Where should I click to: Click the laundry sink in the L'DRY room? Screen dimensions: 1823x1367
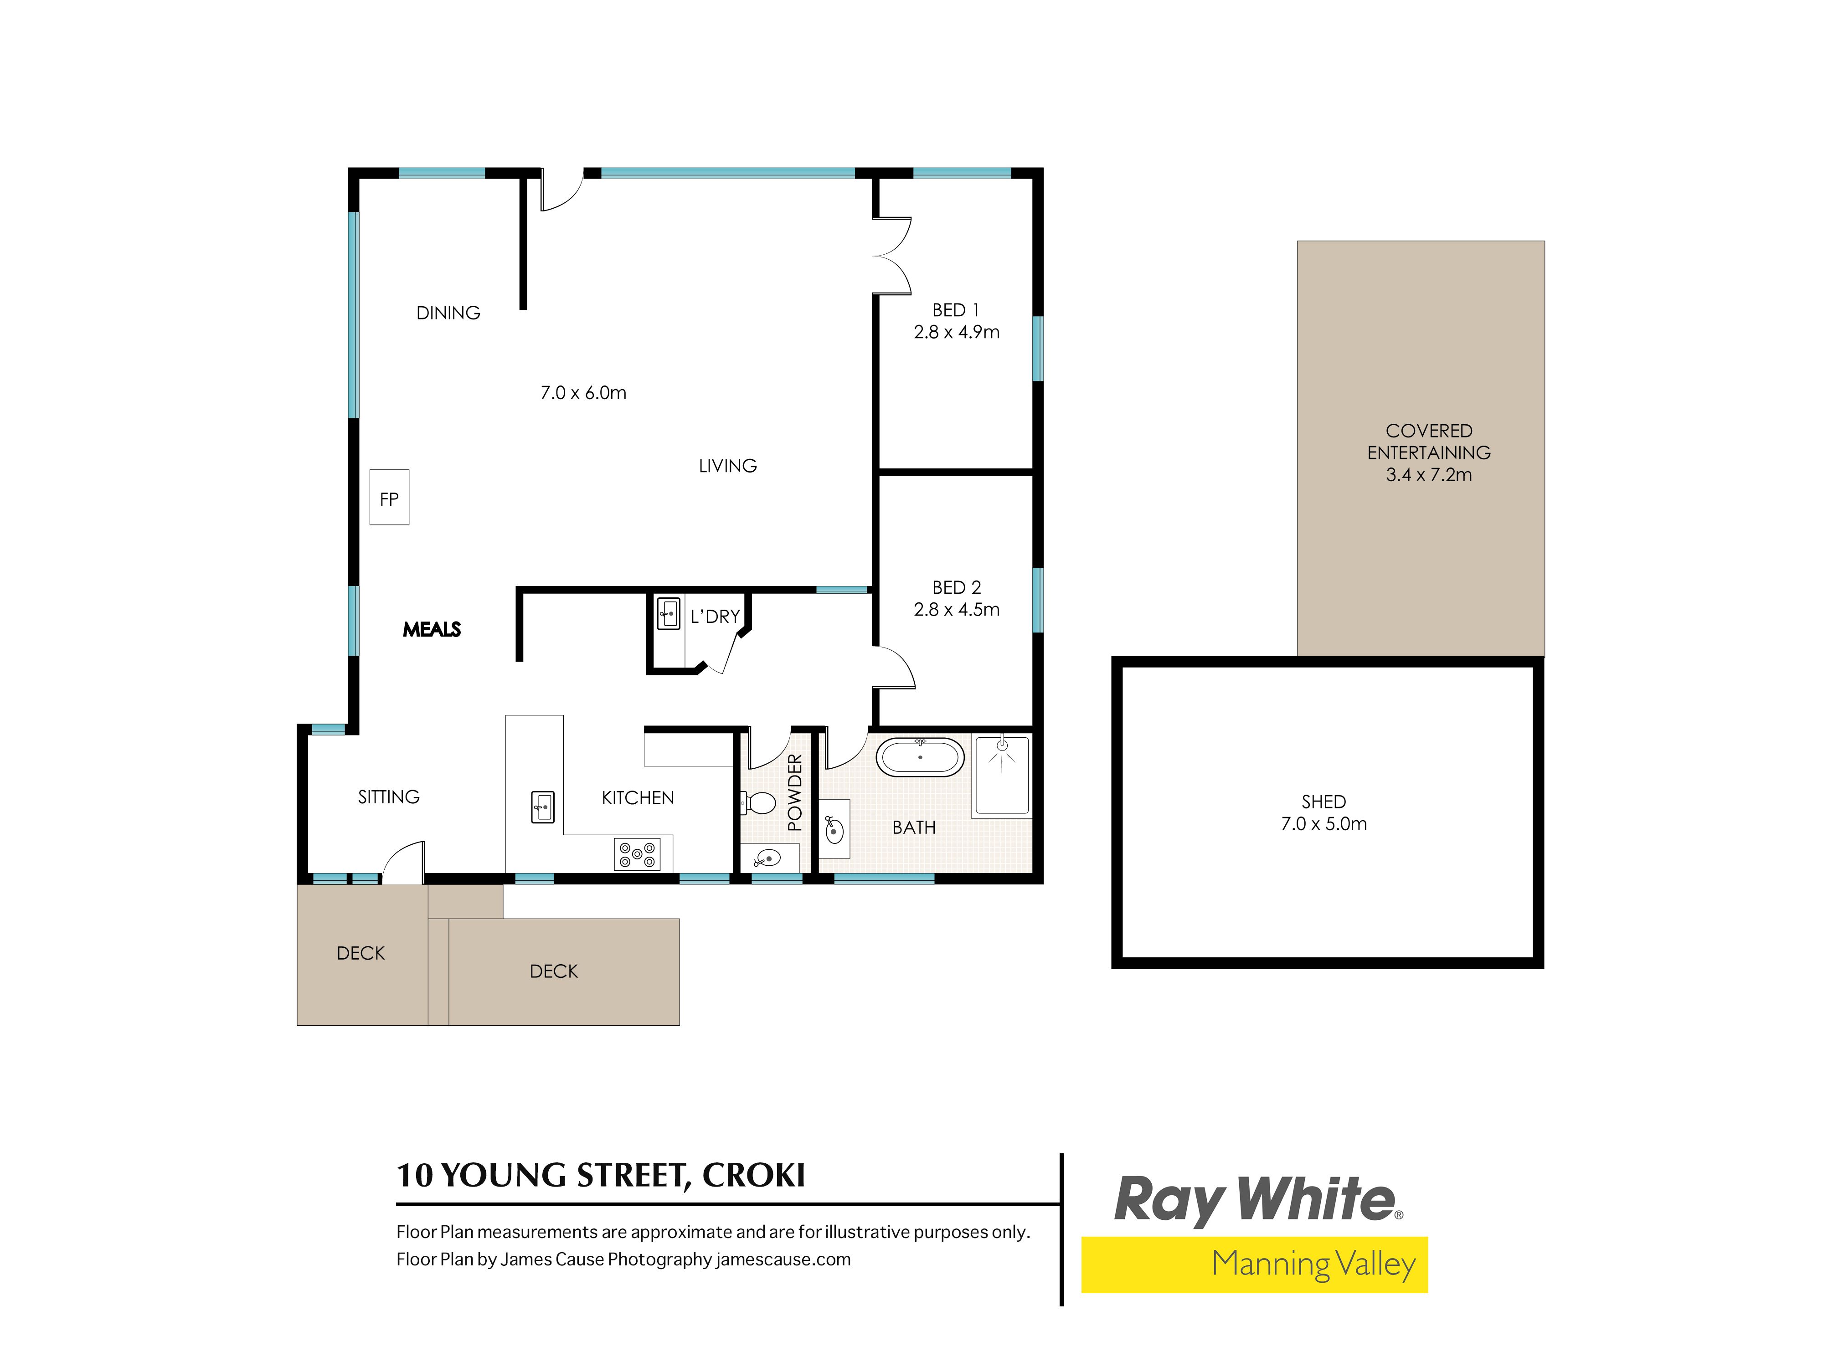(x=669, y=614)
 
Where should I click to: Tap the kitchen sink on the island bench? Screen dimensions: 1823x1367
(x=542, y=807)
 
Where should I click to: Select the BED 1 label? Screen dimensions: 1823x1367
(x=956, y=310)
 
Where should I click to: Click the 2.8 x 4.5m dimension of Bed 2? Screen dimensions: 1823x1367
(x=956, y=610)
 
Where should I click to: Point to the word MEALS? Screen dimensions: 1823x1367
(x=432, y=630)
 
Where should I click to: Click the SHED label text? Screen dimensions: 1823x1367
(x=1323, y=802)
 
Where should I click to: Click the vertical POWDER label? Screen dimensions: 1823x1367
(x=794, y=792)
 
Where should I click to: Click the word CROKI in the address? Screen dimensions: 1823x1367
(x=753, y=1175)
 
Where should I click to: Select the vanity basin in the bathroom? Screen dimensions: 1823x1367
(x=834, y=829)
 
